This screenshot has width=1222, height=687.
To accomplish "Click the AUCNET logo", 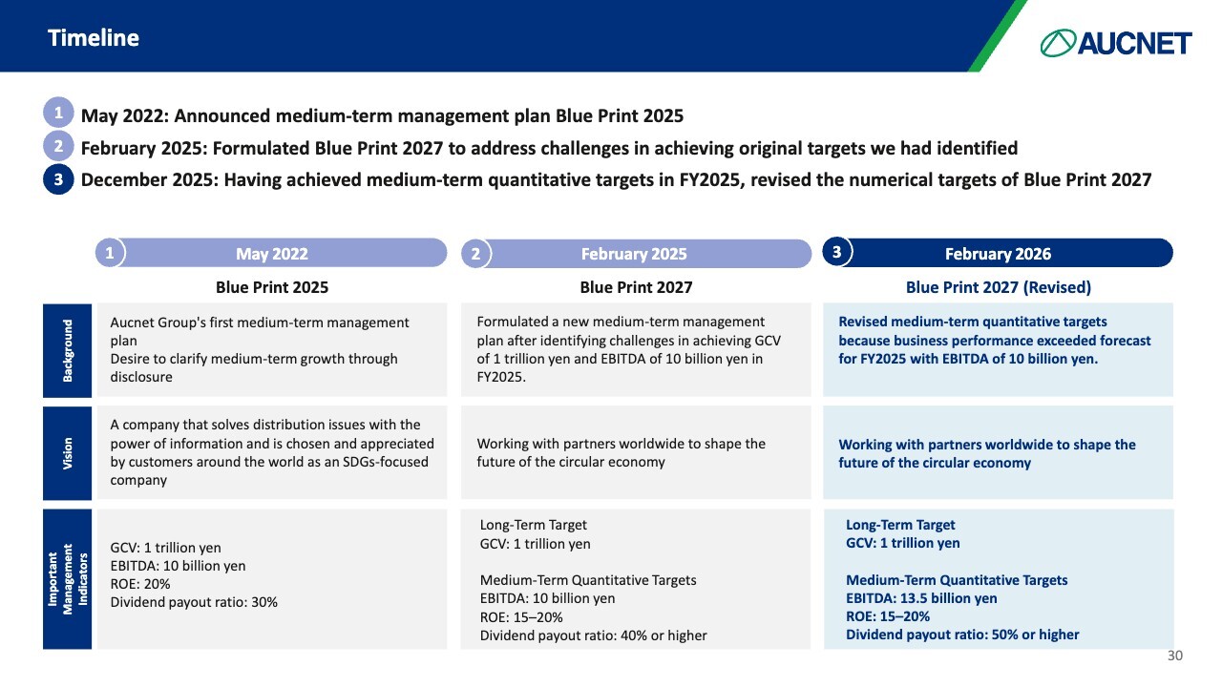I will point(1116,43).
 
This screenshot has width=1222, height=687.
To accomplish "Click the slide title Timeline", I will point(94,38).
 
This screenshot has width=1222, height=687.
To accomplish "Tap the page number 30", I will point(1175,656).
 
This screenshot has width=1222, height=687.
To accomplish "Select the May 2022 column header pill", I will point(272,253).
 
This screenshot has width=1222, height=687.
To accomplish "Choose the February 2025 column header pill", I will point(634,253).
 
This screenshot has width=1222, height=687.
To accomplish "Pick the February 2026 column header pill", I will point(998,253).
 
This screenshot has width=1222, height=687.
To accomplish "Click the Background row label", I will point(67,350).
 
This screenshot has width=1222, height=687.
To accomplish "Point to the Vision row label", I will point(67,452).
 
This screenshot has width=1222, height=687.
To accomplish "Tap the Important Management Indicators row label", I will point(67,579).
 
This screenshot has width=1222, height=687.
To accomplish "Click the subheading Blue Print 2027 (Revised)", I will point(998,287).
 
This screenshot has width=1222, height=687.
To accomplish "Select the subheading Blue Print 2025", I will point(272,287).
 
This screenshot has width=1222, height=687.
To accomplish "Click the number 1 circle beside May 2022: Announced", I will point(58,114).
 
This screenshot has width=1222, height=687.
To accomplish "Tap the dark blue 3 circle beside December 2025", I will point(58,178).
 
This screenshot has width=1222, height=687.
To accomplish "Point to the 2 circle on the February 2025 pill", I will point(475,254).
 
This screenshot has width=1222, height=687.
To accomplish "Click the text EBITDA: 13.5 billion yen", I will point(921,598).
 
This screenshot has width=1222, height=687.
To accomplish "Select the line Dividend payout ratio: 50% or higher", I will point(962,635).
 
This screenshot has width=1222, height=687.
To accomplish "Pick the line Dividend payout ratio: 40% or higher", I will point(593,635).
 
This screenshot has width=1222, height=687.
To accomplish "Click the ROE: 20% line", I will point(140,584).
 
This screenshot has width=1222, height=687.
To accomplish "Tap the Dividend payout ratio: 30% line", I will point(194,602).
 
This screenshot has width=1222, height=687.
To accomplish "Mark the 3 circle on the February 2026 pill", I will point(837,252).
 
